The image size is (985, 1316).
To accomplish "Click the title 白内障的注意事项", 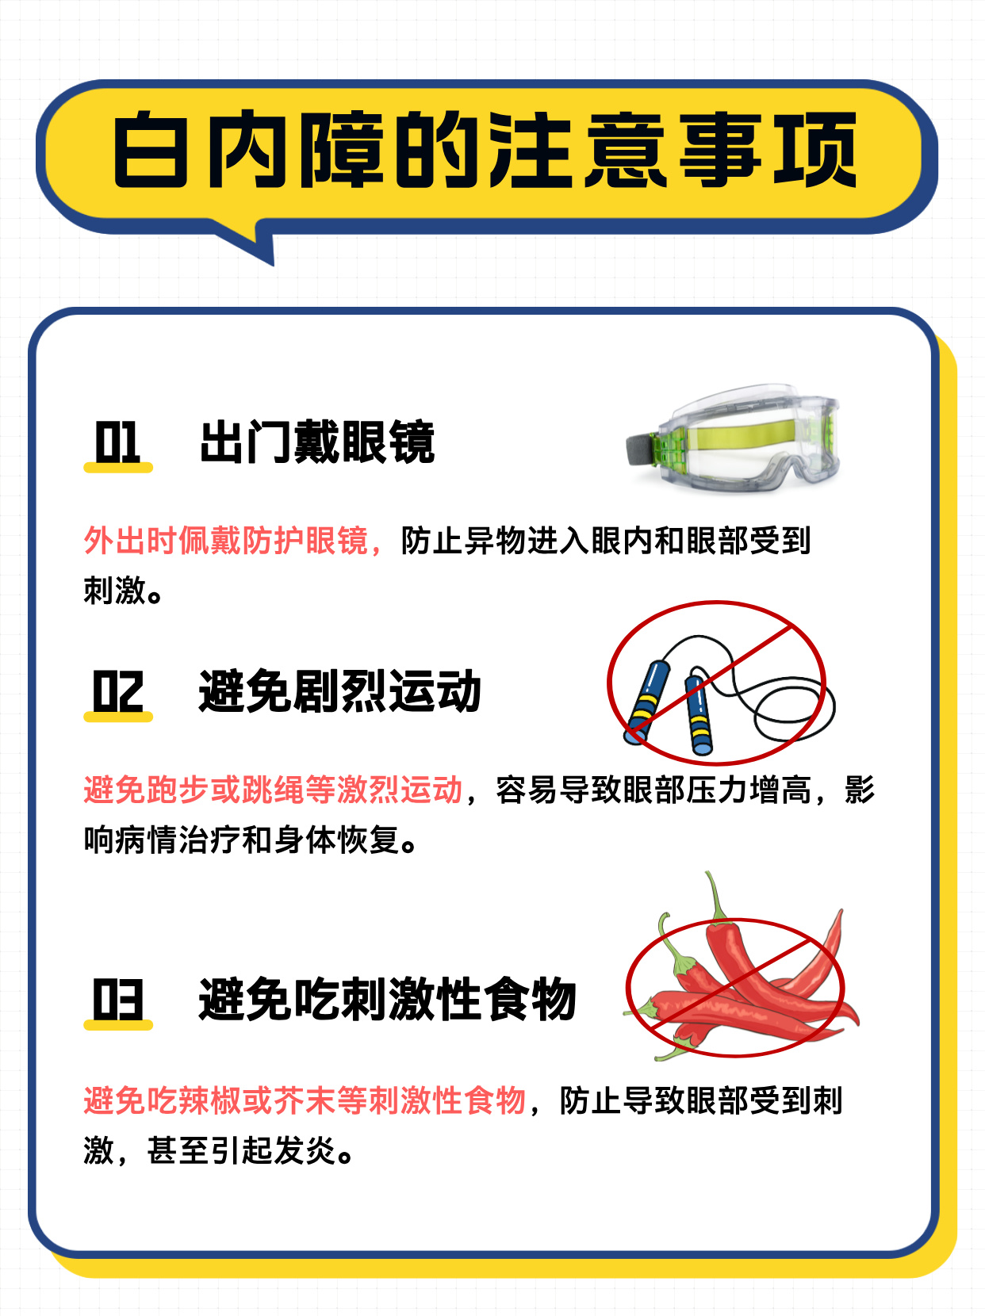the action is point(485,149).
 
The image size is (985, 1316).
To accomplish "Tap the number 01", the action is point(117,442).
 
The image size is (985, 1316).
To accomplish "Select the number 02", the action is point(117,691).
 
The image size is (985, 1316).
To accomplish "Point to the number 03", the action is point(117,999).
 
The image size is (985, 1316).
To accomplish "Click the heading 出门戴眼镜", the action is point(317,442).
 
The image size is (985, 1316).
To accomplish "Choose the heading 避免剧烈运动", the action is point(340,691).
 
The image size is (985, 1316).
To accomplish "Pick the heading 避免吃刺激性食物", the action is point(387,999).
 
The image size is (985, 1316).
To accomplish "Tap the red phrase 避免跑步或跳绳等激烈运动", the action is point(273,789).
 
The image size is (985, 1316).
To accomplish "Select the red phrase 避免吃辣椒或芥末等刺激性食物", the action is point(305,1100).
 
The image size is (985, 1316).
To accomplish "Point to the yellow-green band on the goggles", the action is point(743,434).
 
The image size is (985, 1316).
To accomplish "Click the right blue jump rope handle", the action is point(699,714).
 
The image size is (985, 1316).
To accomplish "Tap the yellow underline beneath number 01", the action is point(118,468).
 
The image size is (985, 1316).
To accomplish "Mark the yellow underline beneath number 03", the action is point(118,1025).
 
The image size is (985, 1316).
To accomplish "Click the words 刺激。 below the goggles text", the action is point(123,591).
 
